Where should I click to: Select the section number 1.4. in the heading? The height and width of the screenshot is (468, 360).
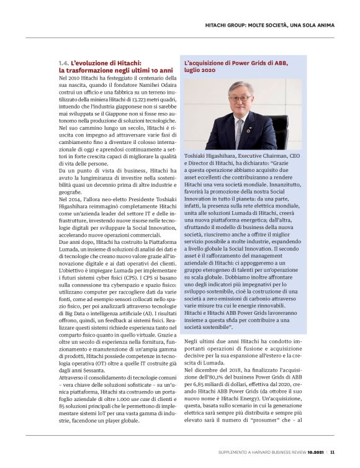(x=63, y=63)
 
